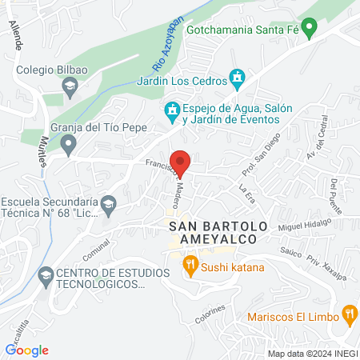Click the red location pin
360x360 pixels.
point(181,162)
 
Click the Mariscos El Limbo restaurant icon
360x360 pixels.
point(349,313)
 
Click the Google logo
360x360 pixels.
point(27,350)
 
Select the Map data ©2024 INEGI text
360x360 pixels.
point(312,353)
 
